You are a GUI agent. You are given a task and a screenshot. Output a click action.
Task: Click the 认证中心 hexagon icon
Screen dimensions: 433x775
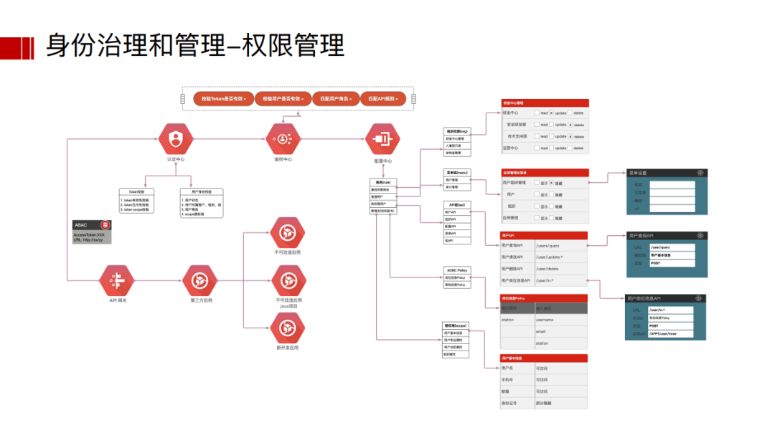click(176, 138)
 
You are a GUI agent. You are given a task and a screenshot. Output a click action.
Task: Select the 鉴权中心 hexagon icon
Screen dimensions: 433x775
click(283, 138)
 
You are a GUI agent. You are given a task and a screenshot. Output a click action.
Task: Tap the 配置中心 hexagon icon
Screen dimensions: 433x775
click(382, 139)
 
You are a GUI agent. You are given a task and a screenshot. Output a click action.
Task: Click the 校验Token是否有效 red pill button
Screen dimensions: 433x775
click(223, 98)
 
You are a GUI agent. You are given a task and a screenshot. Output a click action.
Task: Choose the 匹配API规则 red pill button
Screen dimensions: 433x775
click(382, 98)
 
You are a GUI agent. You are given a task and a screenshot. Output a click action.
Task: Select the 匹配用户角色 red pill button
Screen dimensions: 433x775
click(335, 98)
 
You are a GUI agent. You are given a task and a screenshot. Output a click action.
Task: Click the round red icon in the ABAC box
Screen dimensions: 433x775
click(105, 225)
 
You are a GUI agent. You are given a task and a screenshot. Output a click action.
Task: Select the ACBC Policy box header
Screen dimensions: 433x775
click(457, 270)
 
